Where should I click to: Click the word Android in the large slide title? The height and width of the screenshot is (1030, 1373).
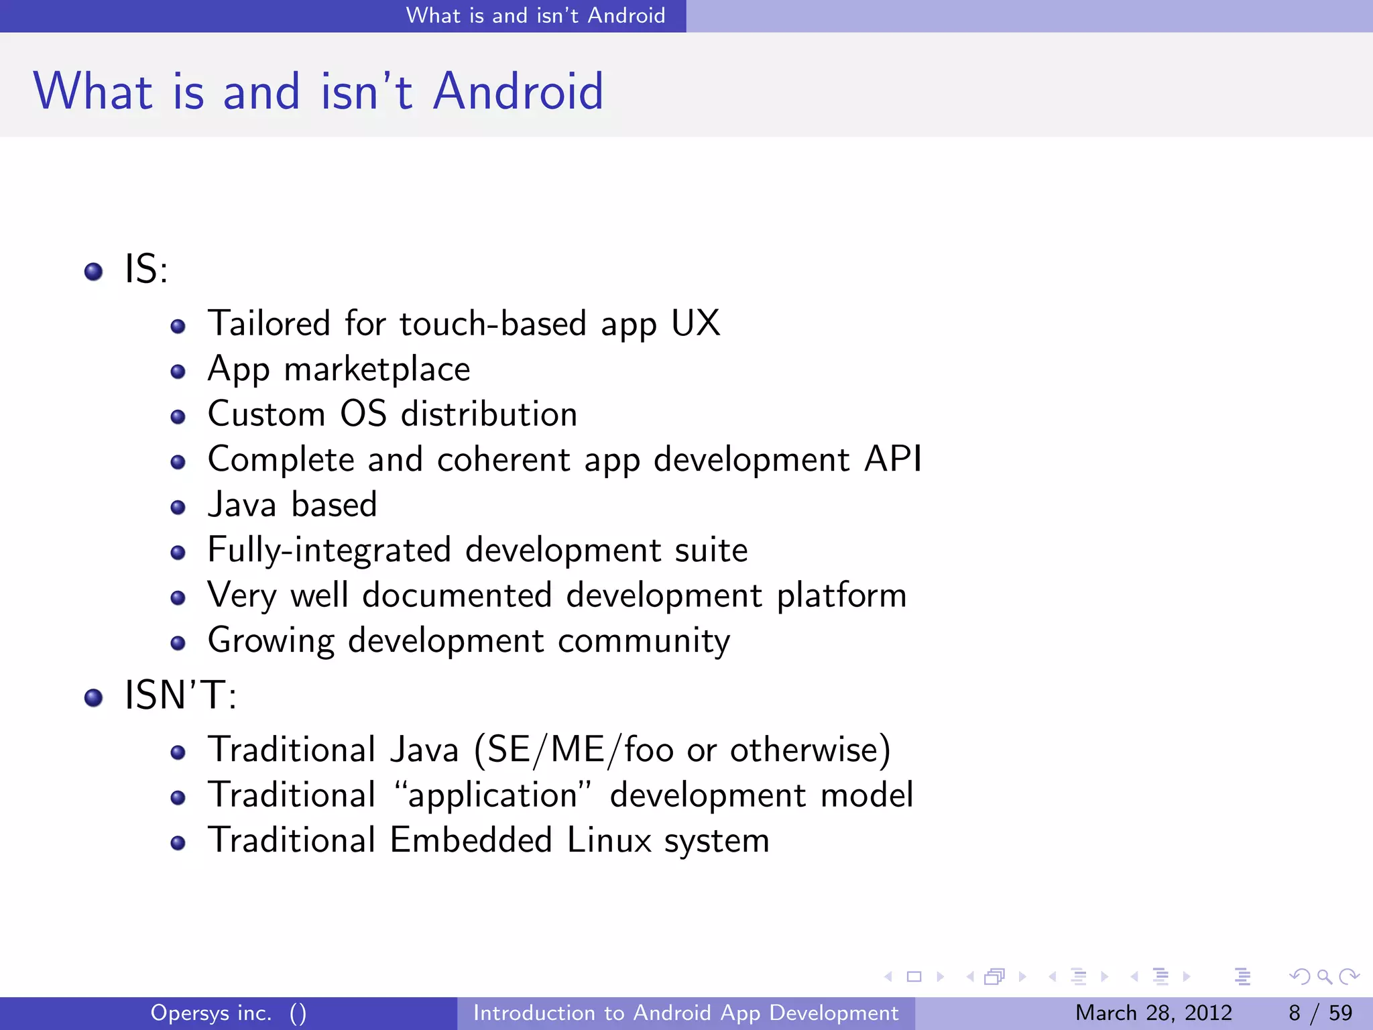(x=518, y=91)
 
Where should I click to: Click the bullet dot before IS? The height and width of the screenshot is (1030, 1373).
(x=93, y=272)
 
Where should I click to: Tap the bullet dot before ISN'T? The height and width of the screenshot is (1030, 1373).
(x=93, y=698)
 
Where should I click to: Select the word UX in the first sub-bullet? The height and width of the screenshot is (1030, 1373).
(x=695, y=323)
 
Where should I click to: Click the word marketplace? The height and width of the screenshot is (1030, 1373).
(x=377, y=369)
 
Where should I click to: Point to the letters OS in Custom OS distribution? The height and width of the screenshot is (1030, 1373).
(x=363, y=414)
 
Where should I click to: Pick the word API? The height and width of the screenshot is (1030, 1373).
(x=893, y=459)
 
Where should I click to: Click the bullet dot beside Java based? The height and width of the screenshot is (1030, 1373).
(x=178, y=508)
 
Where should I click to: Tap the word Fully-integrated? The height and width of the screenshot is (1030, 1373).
(x=329, y=551)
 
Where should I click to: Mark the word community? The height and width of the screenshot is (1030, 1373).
(x=644, y=641)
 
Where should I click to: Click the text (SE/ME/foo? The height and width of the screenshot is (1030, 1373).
(x=574, y=750)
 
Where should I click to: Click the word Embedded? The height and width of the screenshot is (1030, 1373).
(x=471, y=840)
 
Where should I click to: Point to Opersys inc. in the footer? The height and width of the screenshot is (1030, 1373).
(x=211, y=1013)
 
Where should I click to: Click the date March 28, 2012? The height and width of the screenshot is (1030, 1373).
(x=1153, y=1013)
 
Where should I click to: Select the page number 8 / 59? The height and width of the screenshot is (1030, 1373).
(x=1320, y=1013)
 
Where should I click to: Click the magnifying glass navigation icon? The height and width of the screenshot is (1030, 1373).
(x=1324, y=977)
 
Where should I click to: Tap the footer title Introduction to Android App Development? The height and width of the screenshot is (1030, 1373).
(x=686, y=1013)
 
